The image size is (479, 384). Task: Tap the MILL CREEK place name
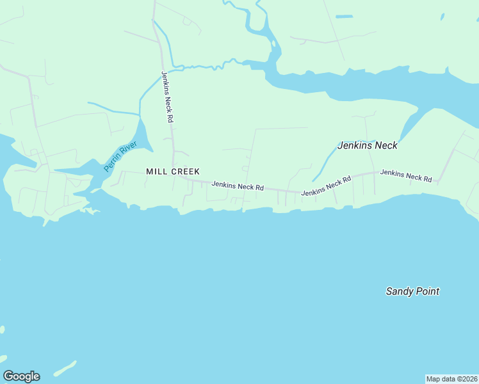coord(173,172)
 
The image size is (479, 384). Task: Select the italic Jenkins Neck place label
coord(368,145)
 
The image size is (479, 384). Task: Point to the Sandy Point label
coord(412,291)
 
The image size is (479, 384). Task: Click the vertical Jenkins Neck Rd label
coord(167,97)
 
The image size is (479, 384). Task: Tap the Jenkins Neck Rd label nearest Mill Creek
coord(238,186)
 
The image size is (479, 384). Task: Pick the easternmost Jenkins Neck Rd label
coord(405,175)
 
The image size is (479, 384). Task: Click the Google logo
coord(21,376)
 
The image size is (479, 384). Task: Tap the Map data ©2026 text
coord(451,379)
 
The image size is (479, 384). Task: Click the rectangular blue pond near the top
coord(344,16)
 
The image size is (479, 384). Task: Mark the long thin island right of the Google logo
coord(65,369)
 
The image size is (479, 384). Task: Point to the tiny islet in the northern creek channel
coord(273,44)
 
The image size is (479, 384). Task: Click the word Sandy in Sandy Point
coord(399,291)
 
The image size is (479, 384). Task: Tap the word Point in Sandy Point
coord(427,291)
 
